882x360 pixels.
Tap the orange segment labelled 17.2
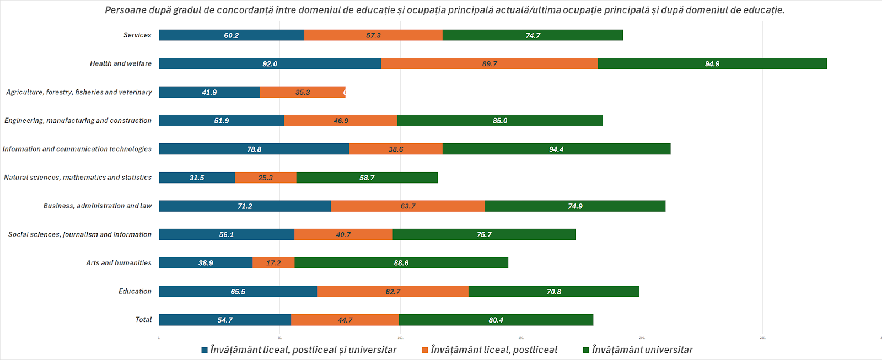click(x=273, y=263)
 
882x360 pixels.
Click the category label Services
click(x=137, y=35)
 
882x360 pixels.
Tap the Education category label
click(x=135, y=291)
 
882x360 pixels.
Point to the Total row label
click(x=143, y=319)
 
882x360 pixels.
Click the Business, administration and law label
click(x=98, y=206)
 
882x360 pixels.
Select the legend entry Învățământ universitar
click(x=642, y=350)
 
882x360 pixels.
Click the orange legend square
click(x=425, y=350)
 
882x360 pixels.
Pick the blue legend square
click(x=205, y=350)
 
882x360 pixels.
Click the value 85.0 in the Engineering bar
click(x=500, y=121)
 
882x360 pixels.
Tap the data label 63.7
click(x=408, y=206)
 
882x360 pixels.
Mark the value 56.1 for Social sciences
click(x=227, y=234)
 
